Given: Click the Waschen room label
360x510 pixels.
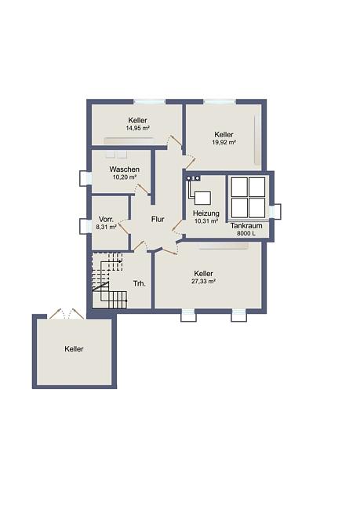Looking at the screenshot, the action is click(x=124, y=169).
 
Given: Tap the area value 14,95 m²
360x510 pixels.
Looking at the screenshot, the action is click(x=137, y=128).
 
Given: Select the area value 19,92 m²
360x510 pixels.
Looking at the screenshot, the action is click(x=224, y=142).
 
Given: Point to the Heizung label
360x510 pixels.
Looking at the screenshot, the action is click(x=205, y=213).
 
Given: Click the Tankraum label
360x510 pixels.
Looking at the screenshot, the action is click(x=246, y=226).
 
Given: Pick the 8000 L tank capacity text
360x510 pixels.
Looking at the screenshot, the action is click(x=246, y=233).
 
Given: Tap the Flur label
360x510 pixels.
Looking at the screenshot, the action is click(x=158, y=219).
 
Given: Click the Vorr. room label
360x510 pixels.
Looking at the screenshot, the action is click(x=106, y=219).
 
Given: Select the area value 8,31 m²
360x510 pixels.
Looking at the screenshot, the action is click(x=106, y=227).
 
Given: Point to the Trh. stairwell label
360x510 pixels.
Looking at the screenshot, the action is click(x=140, y=283).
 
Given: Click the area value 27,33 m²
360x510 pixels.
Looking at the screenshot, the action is click(x=203, y=282).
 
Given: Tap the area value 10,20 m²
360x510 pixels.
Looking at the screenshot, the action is click(x=124, y=177).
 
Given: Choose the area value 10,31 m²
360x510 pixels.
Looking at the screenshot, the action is click(x=205, y=221).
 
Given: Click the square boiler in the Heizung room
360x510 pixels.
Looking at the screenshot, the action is click(x=202, y=198).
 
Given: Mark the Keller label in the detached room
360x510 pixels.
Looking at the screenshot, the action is click(x=74, y=349).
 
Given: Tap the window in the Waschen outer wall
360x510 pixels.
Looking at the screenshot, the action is click(x=85, y=179).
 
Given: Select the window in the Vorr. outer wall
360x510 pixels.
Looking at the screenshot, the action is click(x=85, y=225).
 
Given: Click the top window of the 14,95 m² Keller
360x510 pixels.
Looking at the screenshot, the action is click(x=150, y=102).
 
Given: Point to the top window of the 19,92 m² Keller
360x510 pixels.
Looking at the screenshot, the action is click(x=220, y=102).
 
